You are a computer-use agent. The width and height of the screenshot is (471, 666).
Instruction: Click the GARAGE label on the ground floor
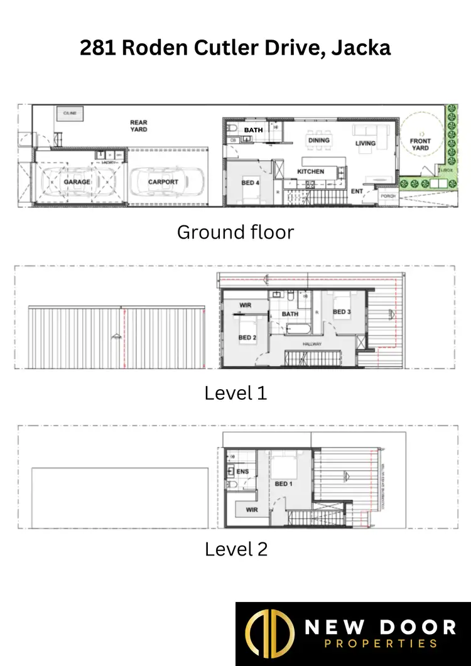coord(77,182)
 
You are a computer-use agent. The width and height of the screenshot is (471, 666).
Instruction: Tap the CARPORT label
coord(163,182)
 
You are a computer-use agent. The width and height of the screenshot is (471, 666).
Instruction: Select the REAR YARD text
coord(139,126)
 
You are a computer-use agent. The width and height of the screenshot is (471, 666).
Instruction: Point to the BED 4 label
coord(250,183)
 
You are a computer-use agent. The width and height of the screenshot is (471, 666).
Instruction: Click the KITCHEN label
coord(311,171)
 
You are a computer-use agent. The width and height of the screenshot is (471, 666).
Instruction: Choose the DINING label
coord(318,140)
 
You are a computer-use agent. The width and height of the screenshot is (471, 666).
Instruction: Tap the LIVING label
coord(365,144)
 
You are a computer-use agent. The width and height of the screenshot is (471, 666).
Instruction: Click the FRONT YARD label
coord(420,144)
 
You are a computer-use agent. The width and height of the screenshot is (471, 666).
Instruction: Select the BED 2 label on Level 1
coord(247,338)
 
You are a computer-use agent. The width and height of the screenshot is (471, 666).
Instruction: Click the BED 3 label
coord(341,312)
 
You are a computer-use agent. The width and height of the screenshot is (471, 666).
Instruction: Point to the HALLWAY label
coord(312,345)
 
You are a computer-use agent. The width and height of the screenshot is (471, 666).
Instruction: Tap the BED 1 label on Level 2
coord(283,484)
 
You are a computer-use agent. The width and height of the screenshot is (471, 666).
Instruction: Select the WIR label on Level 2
coord(252,510)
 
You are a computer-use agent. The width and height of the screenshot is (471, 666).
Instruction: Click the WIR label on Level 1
coord(246,306)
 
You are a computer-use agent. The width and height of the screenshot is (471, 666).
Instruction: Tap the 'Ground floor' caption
coord(235,232)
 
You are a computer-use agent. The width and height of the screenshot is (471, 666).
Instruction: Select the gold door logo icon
coord(269,634)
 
